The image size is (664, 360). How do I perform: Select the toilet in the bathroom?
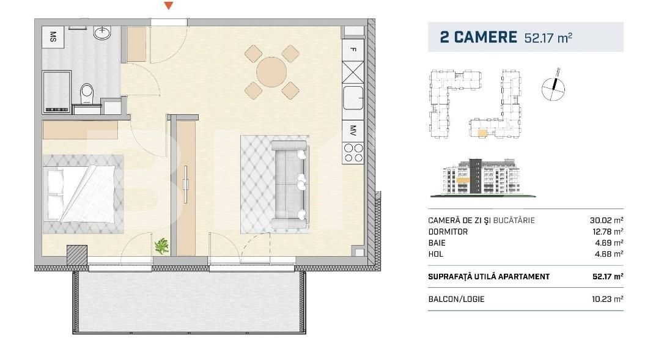[87, 95]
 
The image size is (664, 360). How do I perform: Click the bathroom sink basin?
[101, 33]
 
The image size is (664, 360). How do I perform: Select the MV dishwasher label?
[353, 130]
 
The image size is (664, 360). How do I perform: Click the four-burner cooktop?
[353, 152]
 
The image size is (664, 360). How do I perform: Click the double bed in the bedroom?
[79, 192]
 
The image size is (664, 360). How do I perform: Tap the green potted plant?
[161, 246]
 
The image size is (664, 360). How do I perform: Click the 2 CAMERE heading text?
[478, 37]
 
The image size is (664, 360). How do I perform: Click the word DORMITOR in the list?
[448, 232]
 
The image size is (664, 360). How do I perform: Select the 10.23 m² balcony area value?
[607, 299]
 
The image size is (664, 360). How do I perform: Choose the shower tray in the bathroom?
[56, 91]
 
